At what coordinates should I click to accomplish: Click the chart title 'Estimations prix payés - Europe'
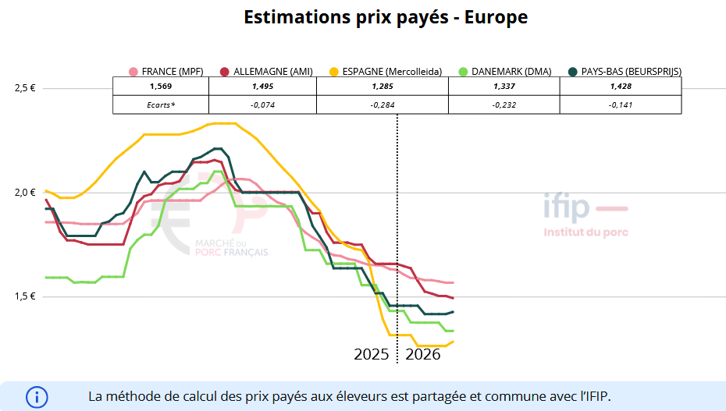click(x=386, y=17)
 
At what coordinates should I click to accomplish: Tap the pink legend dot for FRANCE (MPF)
click(x=133, y=72)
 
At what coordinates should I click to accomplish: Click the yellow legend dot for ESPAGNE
click(x=334, y=72)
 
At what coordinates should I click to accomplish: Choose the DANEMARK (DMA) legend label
click(x=511, y=72)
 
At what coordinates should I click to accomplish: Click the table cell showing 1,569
click(x=160, y=86)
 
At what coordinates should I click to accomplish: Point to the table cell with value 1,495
click(x=263, y=86)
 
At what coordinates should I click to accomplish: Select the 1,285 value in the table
click(x=383, y=86)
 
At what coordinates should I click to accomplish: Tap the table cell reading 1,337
click(x=504, y=86)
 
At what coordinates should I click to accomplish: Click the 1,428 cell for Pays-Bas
click(x=621, y=86)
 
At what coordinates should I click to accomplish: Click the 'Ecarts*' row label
click(x=160, y=105)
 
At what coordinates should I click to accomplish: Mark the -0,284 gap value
click(x=383, y=105)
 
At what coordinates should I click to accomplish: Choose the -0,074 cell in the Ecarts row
click(x=263, y=105)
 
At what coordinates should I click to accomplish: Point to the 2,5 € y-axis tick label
click(x=25, y=88)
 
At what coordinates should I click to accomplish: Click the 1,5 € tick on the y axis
click(x=25, y=296)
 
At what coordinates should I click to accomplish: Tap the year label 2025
click(x=372, y=354)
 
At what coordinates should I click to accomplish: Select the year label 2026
click(x=423, y=354)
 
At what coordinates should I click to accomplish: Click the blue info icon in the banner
click(x=37, y=396)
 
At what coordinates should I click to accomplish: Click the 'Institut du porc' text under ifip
click(x=585, y=232)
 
